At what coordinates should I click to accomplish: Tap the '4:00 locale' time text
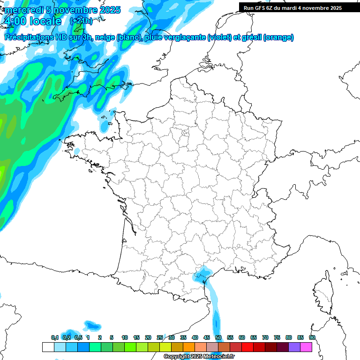(x=32, y=22)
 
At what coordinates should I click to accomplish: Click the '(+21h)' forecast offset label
(x=81, y=21)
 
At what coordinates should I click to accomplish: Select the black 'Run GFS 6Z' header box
(x=299, y=7)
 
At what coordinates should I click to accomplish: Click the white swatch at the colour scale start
(x=48, y=347)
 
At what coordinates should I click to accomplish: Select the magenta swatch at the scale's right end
(x=306, y=347)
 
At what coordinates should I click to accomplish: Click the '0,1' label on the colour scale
(x=55, y=337)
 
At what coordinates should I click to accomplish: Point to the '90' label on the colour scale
(x=312, y=337)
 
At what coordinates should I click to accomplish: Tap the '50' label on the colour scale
(x=218, y=337)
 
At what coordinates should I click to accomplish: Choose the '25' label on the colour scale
(x=160, y=337)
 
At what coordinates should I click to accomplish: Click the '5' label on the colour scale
(x=112, y=337)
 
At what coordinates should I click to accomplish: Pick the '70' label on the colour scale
(x=265, y=337)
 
